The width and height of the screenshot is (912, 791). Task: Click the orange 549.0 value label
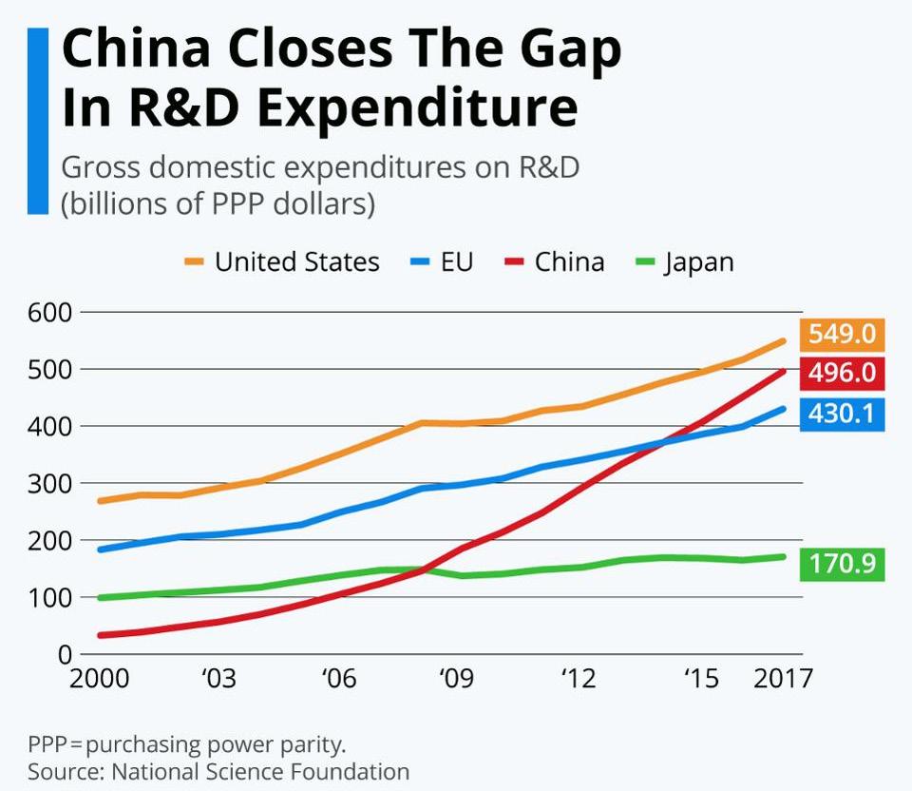(x=843, y=335)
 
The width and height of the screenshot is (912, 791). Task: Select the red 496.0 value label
(x=843, y=374)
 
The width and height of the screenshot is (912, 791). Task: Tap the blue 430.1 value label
(x=843, y=414)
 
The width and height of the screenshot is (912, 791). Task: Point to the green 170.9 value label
(x=843, y=564)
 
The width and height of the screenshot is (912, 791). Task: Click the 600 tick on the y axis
(x=47, y=312)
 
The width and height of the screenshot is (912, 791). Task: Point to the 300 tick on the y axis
(x=47, y=483)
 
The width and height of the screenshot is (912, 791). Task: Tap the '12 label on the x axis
(x=578, y=679)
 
